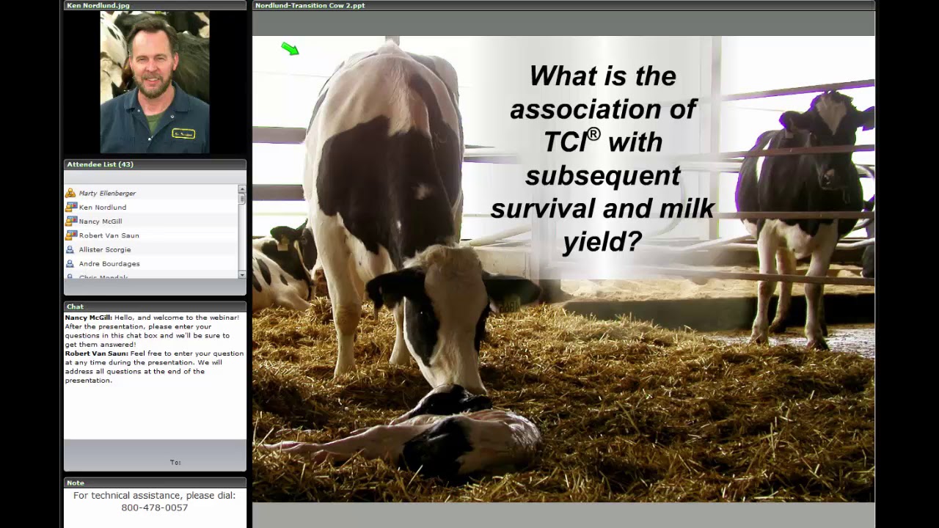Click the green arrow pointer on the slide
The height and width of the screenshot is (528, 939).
291,49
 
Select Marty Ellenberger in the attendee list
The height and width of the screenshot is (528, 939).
107,194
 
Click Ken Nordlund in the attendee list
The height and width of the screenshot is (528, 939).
103,208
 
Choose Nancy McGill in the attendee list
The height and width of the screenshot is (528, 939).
101,221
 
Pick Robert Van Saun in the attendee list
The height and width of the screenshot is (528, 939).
109,235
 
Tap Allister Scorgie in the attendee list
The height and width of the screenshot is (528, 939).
105,249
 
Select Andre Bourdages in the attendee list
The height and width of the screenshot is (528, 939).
109,264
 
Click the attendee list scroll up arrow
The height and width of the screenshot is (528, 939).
242,189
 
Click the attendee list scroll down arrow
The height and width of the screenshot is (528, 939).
242,274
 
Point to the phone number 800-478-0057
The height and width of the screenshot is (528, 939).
155,507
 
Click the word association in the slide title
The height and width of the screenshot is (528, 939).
602,109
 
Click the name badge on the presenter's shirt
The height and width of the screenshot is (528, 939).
183,133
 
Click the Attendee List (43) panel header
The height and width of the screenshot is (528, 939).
101,164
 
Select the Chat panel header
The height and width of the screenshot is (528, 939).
76,307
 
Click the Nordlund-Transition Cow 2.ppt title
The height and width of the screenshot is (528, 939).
310,5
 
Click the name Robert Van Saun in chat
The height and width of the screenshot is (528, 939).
96,353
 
